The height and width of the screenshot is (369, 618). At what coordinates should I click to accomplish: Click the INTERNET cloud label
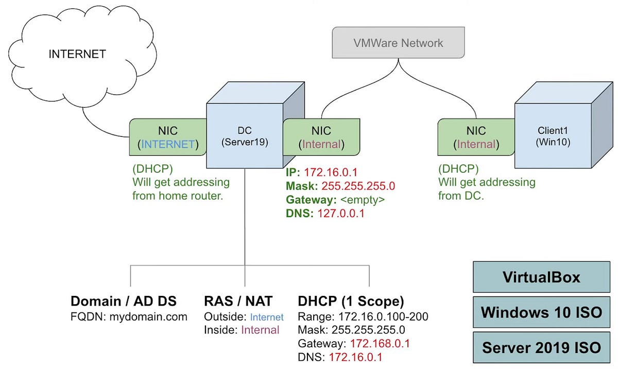[77, 54]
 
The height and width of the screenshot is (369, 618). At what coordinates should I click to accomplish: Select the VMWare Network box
[399, 43]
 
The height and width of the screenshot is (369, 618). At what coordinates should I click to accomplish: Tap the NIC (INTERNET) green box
[168, 137]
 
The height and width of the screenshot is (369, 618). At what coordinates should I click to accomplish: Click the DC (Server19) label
[245, 136]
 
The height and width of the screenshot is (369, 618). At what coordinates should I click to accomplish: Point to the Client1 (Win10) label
[553, 136]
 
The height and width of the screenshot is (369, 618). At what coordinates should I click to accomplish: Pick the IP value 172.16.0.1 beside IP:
[331, 172]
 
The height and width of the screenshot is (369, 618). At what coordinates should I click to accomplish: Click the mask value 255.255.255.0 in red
[358, 186]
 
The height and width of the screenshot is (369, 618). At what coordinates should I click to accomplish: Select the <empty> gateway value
[363, 200]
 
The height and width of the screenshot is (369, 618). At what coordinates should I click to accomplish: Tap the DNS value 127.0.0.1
[341, 214]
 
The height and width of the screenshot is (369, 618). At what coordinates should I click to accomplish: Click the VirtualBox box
[542, 277]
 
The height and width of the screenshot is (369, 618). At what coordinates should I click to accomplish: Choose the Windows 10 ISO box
[542, 312]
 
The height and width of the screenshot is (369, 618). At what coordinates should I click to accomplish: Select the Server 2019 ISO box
[542, 347]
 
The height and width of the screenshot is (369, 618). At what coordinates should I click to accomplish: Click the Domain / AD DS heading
[123, 301]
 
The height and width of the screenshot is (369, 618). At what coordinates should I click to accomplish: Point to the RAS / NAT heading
[238, 301]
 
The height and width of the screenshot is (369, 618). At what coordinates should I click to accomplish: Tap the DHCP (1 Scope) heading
[351, 302]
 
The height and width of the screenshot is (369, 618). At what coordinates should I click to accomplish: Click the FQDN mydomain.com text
[129, 317]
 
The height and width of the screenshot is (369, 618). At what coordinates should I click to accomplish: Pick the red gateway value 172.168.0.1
[380, 344]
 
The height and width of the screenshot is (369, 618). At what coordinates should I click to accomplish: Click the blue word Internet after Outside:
[267, 317]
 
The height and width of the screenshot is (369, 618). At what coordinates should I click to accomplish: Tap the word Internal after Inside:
[260, 330]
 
